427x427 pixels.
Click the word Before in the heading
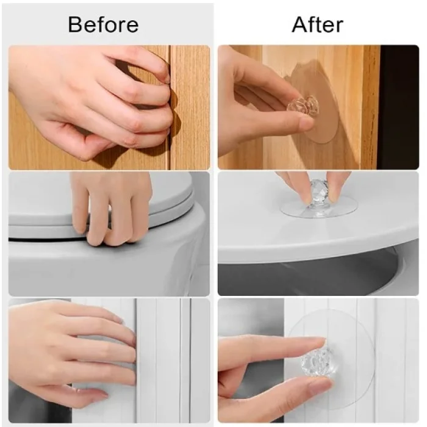(x=103, y=24)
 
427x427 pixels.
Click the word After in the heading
(x=317, y=24)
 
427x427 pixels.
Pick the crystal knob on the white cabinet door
(x=317, y=362)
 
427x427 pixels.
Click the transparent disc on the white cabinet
(x=331, y=359)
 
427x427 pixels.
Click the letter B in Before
(x=74, y=25)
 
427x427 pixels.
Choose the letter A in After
(x=300, y=25)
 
